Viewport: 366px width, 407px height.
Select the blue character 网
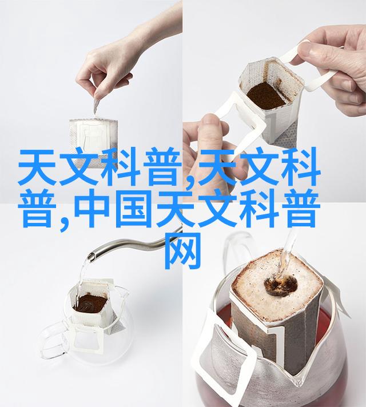point(183,251)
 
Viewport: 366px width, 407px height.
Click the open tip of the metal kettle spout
point(91,257)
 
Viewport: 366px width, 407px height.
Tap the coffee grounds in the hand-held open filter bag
point(265,95)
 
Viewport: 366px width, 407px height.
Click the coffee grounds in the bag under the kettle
point(90,303)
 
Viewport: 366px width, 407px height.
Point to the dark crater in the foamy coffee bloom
point(281,286)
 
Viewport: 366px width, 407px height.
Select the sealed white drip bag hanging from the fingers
point(94,142)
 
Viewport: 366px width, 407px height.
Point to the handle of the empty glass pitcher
point(52,338)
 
